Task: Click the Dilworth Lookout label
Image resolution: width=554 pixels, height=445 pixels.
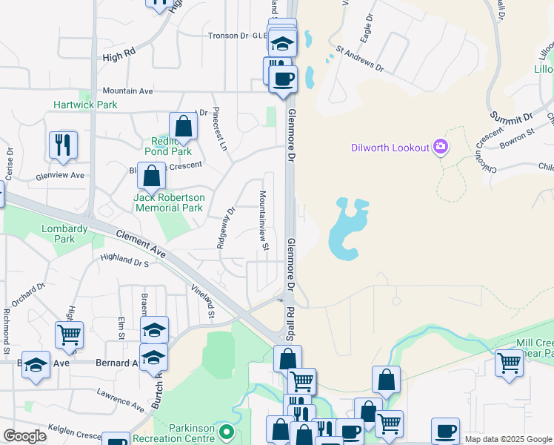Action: [390, 148]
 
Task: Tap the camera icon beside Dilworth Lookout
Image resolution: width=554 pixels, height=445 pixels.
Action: [441, 147]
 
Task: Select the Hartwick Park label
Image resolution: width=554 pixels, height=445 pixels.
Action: [85, 105]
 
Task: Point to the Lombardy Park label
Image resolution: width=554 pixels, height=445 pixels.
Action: [64, 234]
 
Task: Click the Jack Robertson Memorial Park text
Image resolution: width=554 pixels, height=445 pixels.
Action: [169, 202]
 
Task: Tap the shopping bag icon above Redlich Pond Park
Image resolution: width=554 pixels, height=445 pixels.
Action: [183, 125]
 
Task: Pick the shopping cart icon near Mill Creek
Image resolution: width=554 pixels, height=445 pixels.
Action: [509, 363]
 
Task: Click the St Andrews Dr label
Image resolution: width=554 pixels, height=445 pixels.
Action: [360, 60]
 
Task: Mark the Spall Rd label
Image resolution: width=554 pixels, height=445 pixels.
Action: [290, 320]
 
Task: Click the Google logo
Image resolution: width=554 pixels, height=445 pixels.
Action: [24, 436]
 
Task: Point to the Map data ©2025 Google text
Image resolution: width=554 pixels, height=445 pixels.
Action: [507, 439]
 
